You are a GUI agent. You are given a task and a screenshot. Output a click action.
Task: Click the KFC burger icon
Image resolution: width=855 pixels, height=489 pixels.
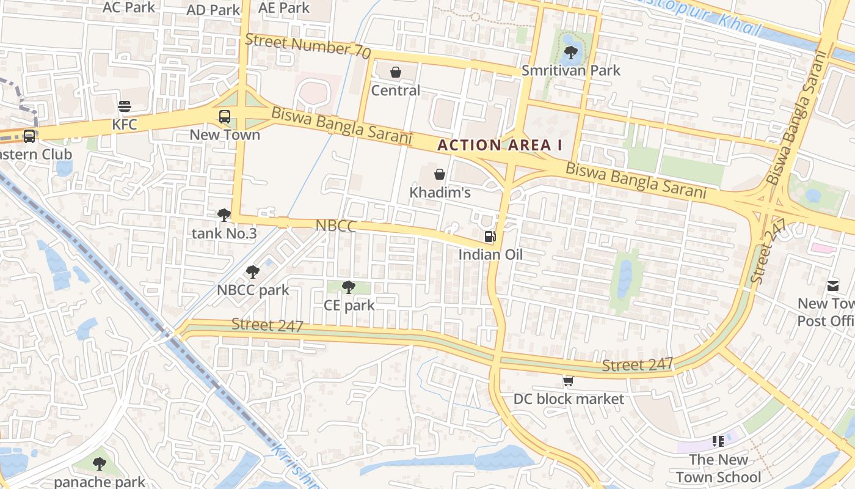(125, 106)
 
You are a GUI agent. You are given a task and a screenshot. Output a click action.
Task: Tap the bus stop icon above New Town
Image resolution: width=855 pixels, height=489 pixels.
(225, 116)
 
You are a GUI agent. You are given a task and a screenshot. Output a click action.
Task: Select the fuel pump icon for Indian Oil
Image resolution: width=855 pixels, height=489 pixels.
(490, 236)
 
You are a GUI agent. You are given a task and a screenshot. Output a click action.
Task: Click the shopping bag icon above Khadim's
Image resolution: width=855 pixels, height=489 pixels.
(439, 174)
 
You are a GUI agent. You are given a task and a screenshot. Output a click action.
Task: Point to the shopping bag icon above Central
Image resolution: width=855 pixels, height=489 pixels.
(396, 72)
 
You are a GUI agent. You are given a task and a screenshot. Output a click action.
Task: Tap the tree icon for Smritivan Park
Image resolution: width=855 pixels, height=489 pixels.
(571, 52)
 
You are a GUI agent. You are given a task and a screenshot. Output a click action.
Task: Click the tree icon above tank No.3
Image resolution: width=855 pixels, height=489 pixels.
(224, 215)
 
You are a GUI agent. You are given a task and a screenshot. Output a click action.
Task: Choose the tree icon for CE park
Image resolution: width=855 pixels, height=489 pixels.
(349, 287)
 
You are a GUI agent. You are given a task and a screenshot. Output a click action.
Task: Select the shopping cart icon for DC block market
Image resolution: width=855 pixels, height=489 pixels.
(568, 381)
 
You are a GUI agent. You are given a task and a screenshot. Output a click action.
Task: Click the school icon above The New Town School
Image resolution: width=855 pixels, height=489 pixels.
(718, 441)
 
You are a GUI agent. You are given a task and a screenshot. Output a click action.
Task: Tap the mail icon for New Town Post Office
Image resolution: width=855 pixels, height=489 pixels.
(833, 285)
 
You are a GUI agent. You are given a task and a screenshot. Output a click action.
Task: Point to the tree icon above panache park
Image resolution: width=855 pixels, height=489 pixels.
(100, 464)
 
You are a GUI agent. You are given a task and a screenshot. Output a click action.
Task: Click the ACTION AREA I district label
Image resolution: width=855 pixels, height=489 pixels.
(500, 145)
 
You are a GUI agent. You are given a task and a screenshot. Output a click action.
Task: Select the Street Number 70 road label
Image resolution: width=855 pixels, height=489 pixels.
(308, 46)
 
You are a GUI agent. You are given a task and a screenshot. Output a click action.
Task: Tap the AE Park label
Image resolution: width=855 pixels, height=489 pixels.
(284, 8)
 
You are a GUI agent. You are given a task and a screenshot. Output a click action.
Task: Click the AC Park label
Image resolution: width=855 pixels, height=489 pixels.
(129, 7)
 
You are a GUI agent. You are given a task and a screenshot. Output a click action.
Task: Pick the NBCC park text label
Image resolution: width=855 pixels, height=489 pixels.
(253, 290)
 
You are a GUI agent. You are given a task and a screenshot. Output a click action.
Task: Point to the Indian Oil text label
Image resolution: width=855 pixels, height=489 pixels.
(490, 254)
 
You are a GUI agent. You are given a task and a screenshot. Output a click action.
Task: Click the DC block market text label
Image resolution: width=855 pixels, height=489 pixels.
(569, 399)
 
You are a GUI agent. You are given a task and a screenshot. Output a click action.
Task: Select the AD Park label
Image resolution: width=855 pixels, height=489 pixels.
(213, 10)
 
